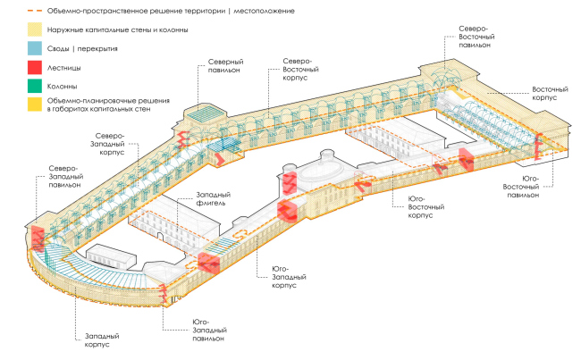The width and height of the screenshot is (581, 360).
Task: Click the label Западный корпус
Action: click(x=102, y=339)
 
